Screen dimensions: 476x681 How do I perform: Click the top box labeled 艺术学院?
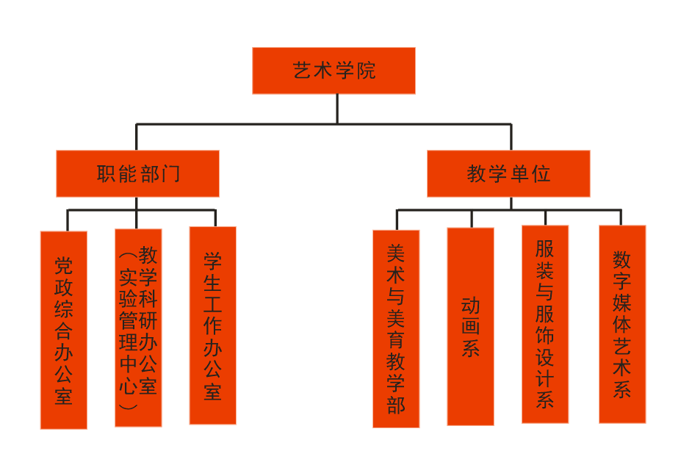(334, 71)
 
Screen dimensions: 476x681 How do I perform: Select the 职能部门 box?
(137, 174)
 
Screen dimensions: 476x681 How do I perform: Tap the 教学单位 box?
(508, 174)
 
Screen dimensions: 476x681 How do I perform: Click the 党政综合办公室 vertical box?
(64, 330)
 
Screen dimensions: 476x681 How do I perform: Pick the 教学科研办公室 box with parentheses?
(138, 328)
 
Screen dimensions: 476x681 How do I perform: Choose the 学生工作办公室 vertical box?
(212, 325)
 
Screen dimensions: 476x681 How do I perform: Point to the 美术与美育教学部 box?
(396, 328)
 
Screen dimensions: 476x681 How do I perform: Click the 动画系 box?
(470, 326)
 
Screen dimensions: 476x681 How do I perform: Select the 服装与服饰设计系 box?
(545, 324)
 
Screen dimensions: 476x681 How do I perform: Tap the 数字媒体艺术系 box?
(622, 324)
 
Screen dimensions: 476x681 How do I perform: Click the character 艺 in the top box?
(302, 71)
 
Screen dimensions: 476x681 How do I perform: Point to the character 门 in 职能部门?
(170, 175)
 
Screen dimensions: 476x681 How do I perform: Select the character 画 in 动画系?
(470, 326)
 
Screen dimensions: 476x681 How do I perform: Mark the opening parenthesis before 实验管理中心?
(127, 257)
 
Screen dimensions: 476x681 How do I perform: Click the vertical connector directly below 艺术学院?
(337, 109)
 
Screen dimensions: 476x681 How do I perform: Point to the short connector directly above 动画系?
(472, 218)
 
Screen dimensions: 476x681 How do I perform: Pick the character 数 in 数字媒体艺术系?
(622, 260)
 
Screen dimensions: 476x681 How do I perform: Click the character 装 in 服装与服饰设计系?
(545, 270)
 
